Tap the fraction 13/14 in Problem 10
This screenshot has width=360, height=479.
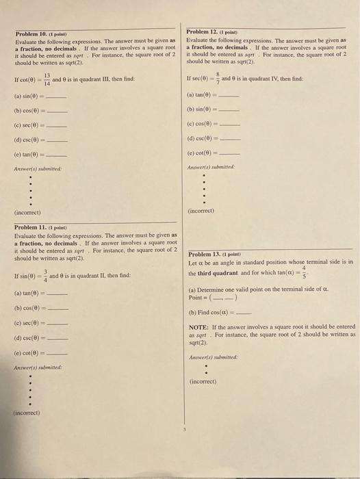coord(47,79)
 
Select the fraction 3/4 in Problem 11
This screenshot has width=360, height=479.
coord(44,276)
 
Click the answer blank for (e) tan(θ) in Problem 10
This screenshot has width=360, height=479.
coord(57,156)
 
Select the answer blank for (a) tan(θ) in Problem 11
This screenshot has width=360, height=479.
coord(57,294)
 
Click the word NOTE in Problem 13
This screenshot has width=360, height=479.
coord(198,327)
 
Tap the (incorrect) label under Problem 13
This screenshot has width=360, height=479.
coord(202,381)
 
